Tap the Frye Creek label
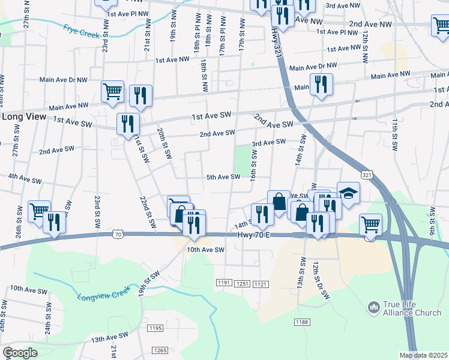81,31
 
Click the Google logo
20,353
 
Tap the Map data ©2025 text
424,355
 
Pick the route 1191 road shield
224,283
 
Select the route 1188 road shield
302,323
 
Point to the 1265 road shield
160,350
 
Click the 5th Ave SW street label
223,177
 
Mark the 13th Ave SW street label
110,338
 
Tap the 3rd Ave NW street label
343,5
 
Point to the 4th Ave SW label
25,178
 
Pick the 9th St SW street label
432,220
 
